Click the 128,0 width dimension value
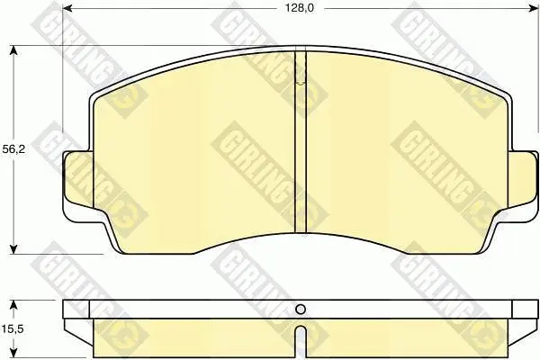tap(300, 8)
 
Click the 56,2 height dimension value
tap(13, 149)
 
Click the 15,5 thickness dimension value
tap(13, 329)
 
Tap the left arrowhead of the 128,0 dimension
tap(67, 8)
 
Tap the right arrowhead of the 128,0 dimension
tap(534, 8)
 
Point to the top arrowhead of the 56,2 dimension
tap(13, 50)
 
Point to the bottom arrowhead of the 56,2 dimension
tap(13, 249)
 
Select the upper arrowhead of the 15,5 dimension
tap(13, 305)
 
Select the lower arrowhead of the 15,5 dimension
tap(13, 354)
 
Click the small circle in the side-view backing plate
tap(301, 310)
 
